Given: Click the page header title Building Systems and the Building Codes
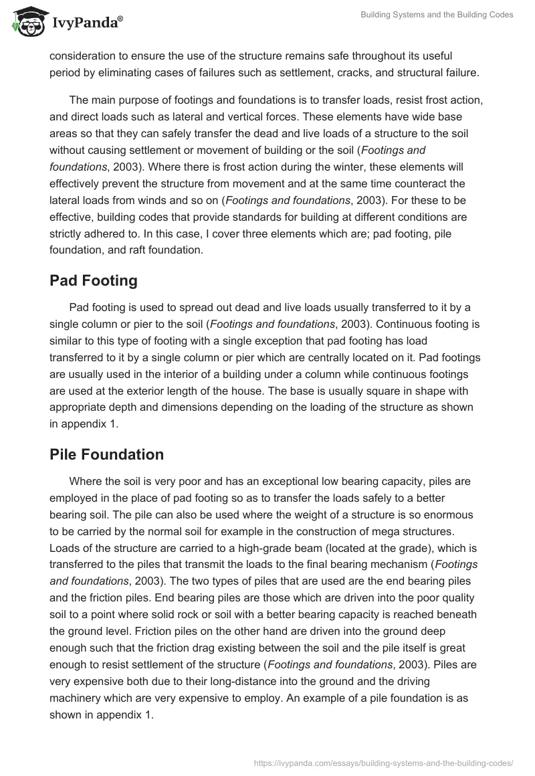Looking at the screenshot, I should click(436, 15).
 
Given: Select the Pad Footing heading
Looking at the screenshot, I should click(93, 280).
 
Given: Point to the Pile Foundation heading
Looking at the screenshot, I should click(106, 454).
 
